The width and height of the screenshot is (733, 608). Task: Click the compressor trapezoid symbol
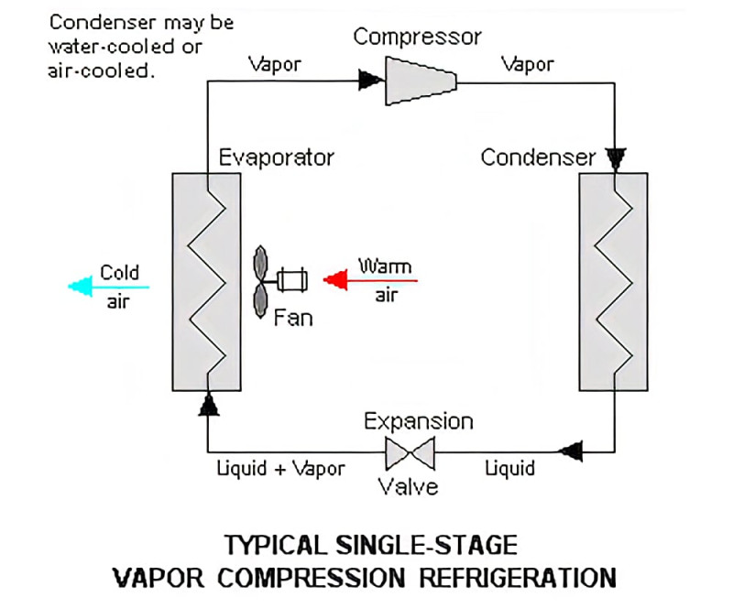(x=421, y=81)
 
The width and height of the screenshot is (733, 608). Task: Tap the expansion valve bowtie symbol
(x=410, y=453)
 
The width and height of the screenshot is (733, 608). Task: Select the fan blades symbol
(x=260, y=282)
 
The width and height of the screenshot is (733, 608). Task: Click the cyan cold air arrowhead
(x=80, y=287)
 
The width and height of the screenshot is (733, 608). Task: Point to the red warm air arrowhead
(x=335, y=280)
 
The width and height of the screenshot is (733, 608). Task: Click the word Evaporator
(x=277, y=157)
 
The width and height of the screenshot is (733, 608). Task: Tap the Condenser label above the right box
(x=538, y=157)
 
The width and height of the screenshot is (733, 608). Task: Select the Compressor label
(x=418, y=37)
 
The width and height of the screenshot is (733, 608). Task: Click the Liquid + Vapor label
(x=281, y=468)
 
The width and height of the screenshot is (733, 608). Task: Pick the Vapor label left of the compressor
(x=275, y=64)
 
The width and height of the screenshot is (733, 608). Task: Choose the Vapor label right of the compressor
(x=528, y=64)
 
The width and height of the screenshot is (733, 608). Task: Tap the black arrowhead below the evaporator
(x=209, y=404)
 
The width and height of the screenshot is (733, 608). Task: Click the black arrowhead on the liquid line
(x=570, y=451)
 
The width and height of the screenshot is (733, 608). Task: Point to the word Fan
(x=293, y=319)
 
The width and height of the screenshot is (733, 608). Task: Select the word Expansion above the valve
(x=419, y=422)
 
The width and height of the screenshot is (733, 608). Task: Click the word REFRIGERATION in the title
(x=518, y=578)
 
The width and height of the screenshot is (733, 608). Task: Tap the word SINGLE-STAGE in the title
(x=426, y=545)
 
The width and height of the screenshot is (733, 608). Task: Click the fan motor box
(x=292, y=280)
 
